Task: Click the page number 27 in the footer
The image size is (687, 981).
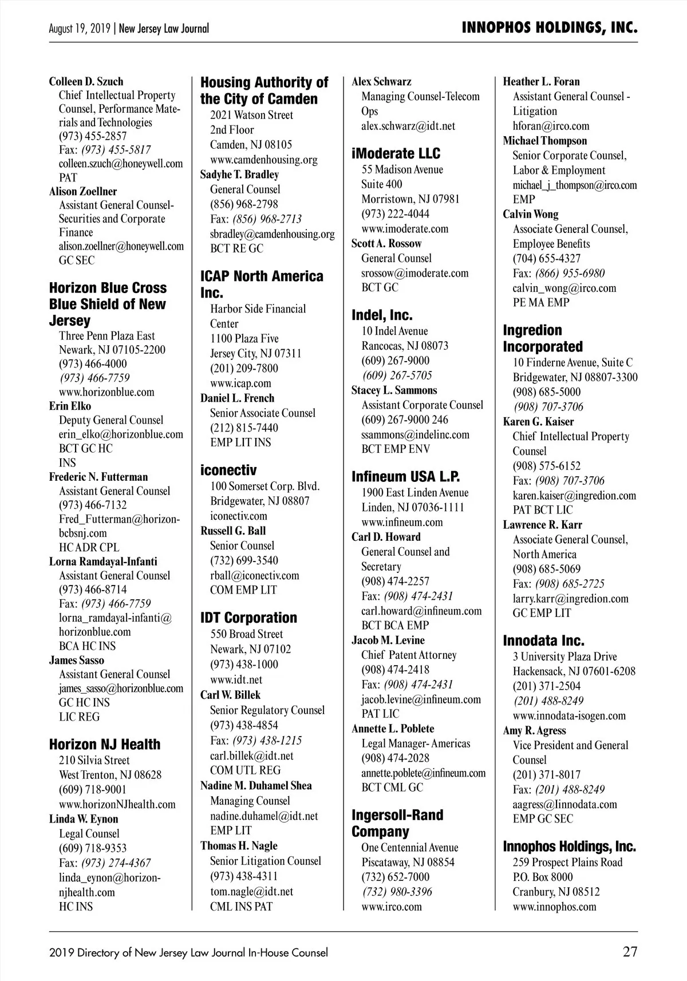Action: point(630,952)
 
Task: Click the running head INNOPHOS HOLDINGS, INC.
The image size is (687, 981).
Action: point(550,28)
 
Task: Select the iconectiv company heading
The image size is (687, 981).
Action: point(228,470)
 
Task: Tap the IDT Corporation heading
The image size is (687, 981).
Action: point(248,618)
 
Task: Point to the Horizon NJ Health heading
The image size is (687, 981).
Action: point(105,744)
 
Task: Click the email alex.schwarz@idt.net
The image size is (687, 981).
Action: point(408,126)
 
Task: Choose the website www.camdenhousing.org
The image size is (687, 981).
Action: point(263,160)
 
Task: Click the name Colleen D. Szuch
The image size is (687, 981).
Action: point(86,81)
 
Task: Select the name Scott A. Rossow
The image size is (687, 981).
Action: point(386,243)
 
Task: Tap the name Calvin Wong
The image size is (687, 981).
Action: point(531,214)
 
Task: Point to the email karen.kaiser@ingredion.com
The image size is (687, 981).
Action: point(574,496)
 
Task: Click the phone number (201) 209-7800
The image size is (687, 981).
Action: point(244,368)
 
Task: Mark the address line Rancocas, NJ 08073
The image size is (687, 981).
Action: point(405,346)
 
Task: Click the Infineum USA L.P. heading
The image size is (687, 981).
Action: point(406,477)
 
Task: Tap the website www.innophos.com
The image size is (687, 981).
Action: point(554,907)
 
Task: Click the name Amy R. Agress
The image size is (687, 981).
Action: point(534,730)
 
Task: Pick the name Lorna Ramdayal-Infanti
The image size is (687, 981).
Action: point(103,561)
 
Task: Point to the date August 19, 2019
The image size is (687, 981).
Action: point(81,29)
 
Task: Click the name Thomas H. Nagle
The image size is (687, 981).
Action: point(239,845)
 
